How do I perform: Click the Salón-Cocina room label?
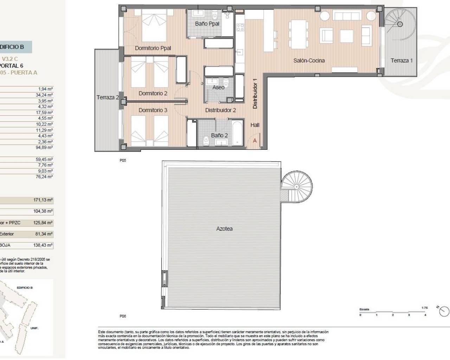click(x=309, y=60)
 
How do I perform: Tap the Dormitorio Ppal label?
click(x=153, y=48)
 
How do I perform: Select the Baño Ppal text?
click(x=207, y=24)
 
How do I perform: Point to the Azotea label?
click(x=224, y=229)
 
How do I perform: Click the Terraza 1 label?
click(x=401, y=60)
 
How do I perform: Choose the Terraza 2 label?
click(x=108, y=97)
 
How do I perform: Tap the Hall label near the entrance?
click(x=255, y=125)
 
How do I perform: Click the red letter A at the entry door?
click(x=255, y=141)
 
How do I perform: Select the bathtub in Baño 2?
click(x=237, y=133)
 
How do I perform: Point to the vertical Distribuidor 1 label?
click(x=255, y=93)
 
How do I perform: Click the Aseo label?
click(x=218, y=87)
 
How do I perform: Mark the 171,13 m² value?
click(x=43, y=200)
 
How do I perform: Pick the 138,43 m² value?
click(x=43, y=245)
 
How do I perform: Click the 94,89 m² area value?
click(x=45, y=148)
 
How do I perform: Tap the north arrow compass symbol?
click(x=444, y=311)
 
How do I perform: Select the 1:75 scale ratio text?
click(x=424, y=308)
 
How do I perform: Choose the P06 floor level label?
click(x=122, y=316)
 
